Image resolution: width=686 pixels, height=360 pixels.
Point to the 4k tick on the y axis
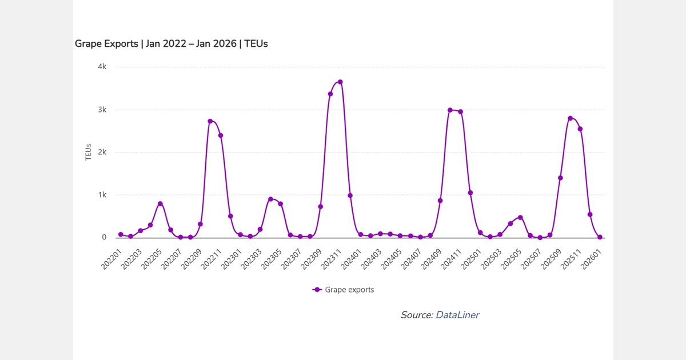[102, 67]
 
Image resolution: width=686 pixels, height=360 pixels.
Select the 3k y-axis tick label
[102, 110]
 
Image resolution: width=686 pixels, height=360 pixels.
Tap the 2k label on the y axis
[102, 153]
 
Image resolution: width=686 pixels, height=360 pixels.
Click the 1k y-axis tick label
[102, 195]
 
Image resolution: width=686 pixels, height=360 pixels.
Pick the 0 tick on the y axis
[104, 237]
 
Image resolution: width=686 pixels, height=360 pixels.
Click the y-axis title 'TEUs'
[89, 153]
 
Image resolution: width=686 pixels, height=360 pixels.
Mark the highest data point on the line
[340, 82]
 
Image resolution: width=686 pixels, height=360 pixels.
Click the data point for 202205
[160, 203]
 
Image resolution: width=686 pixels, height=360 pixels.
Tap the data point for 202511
[580, 129]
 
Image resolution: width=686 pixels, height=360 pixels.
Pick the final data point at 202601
[600, 237]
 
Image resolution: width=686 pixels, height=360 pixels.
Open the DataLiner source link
[457, 315]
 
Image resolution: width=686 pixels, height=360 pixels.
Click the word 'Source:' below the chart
[417, 315]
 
